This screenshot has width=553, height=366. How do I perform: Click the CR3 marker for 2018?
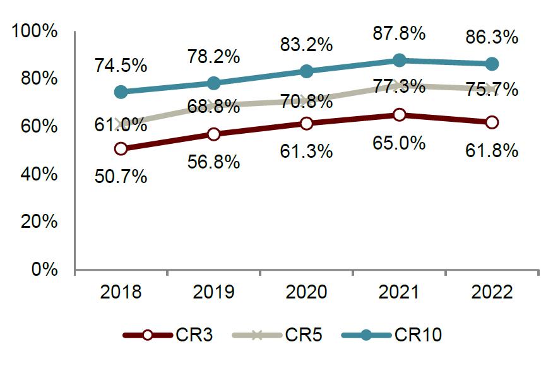pos(121,149)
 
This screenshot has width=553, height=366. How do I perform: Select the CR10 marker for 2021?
pos(399,61)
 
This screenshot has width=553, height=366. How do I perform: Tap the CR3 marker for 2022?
pos(492,122)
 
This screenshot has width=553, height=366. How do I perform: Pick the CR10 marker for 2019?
pos(213,83)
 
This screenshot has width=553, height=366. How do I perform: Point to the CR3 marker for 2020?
pos(306,123)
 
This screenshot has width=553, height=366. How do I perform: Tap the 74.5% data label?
pos(121,64)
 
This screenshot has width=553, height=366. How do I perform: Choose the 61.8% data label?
pos(492,150)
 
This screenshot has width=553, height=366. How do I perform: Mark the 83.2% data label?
pos(306,44)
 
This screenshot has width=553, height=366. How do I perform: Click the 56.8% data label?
pos(213,162)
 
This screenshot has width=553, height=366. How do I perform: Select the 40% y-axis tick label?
pos(40,174)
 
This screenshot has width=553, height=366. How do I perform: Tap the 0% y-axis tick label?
pos(44,269)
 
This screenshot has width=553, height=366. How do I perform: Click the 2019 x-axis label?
pos(213,293)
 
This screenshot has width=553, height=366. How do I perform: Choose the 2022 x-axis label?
pos(492,293)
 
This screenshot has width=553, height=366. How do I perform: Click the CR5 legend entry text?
pos(305,335)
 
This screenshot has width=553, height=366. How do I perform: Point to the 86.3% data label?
pos(492,37)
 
